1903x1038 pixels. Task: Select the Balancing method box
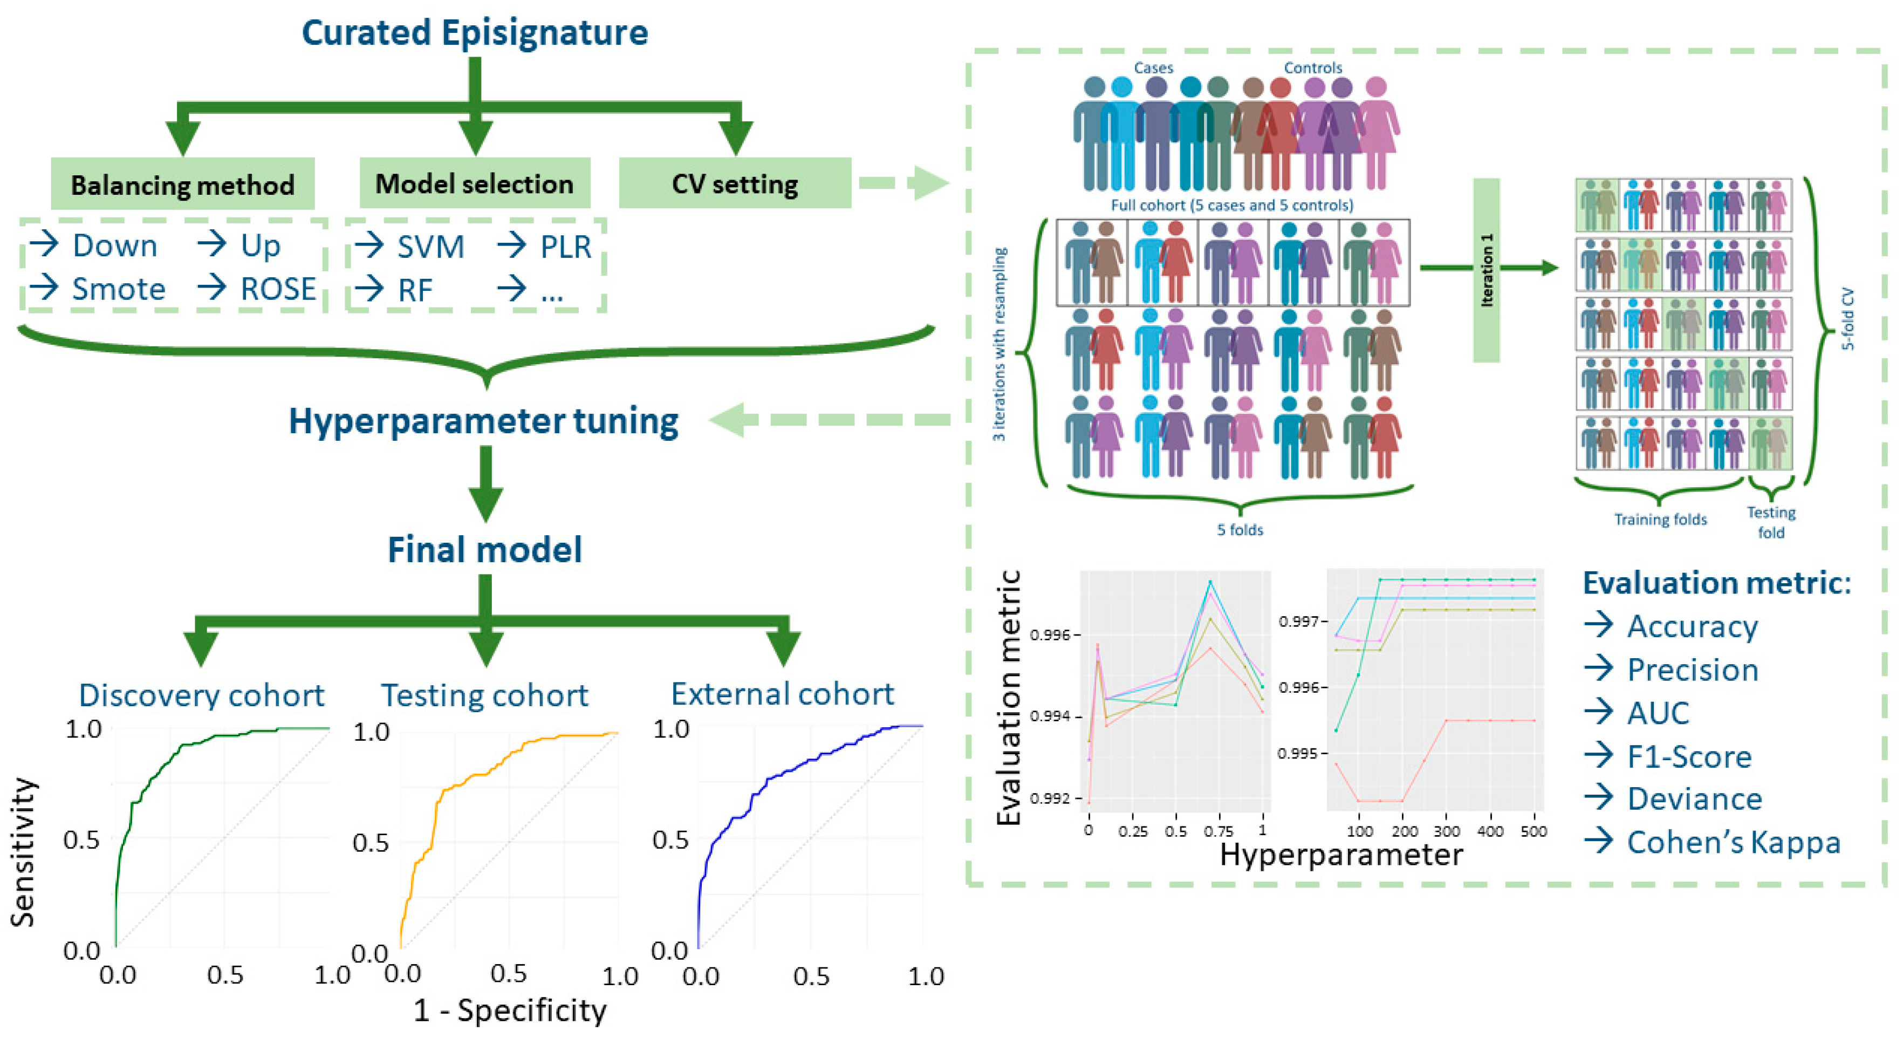pyautogui.click(x=182, y=184)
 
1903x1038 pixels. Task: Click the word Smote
pyautogui.click(x=118, y=288)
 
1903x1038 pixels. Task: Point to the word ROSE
pyautogui.click(x=278, y=288)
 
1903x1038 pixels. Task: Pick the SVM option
pyautogui.click(x=430, y=247)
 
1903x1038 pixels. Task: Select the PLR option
pyautogui.click(x=565, y=247)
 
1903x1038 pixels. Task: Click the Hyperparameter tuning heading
pyautogui.click(x=483, y=421)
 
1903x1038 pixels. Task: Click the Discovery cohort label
pyautogui.click(x=201, y=695)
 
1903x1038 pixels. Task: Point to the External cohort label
pyautogui.click(x=782, y=694)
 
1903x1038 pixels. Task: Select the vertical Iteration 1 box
pyautogui.click(x=1487, y=270)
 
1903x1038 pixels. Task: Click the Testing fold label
pyautogui.click(x=1771, y=522)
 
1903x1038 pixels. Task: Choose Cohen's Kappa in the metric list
pyautogui.click(x=1733, y=842)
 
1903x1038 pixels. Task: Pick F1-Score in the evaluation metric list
pyautogui.click(x=1689, y=756)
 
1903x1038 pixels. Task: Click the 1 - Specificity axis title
pyautogui.click(x=510, y=1010)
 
